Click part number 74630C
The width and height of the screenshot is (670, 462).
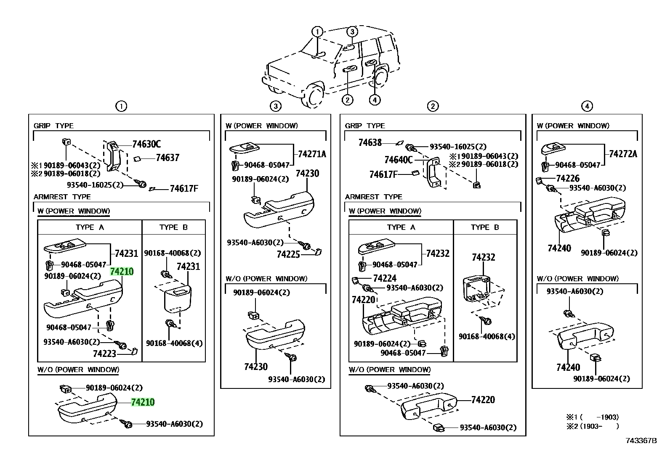(x=146, y=144)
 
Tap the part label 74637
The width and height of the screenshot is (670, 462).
(x=167, y=158)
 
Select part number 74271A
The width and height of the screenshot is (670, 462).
(x=312, y=154)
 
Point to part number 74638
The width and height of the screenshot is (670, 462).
(x=370, y=143)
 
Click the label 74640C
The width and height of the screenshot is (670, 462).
(x=399, y=160)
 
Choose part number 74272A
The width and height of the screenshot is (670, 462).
(x=623, y=154)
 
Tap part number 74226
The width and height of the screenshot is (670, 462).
(x=568, y=178)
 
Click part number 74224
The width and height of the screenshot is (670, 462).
(x=385, y=279)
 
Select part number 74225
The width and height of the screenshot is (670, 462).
(x=288, y=254)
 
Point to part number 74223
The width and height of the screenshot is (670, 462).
(x=104, y=354)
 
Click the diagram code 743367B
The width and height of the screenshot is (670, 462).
(x=641, y=441)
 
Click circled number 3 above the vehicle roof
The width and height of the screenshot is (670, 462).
(x=352, y=32)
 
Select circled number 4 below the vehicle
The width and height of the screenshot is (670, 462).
(x=375, y=100)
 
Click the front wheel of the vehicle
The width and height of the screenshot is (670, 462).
(x=313, y=96)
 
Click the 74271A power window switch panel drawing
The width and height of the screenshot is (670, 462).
(x=245, y=148)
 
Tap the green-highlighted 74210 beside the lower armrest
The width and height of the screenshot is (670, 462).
(x=143, y=402)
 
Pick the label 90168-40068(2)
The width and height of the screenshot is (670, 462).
(x=172, y=253)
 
